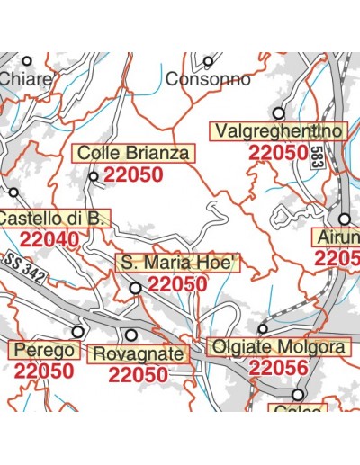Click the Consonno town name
(209, 79)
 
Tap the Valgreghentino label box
(278, 131)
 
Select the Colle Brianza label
(133, 154)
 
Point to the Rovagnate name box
(140, 354)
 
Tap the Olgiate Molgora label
(276, 347)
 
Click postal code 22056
(278, 368)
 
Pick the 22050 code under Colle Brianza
(133, 175)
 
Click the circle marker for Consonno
(208, 62)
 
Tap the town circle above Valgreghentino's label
(279, 113)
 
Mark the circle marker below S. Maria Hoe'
(136, 289)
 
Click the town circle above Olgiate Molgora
(263, 329)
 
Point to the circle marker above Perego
(78, 332)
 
